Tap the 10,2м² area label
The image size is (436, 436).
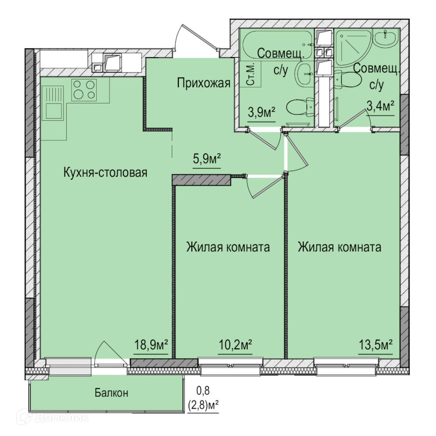click(x=235, y=345)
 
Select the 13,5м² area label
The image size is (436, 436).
click(x=375, y=345)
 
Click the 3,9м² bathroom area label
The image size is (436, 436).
click(x=261, y=112)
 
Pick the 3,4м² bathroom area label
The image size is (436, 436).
click(x=381, y=106)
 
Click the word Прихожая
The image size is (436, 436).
click(x=204, y=83)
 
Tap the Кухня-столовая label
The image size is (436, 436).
click(x=106, y=172)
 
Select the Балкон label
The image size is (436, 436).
click(x=111, y=393)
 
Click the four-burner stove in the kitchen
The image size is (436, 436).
click(x=84, y=89)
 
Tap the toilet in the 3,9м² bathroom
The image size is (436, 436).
click(x=300, y=107)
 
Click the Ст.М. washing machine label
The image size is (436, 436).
click(x=251, y=75)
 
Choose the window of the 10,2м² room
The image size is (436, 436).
click(x=231, y=366)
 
